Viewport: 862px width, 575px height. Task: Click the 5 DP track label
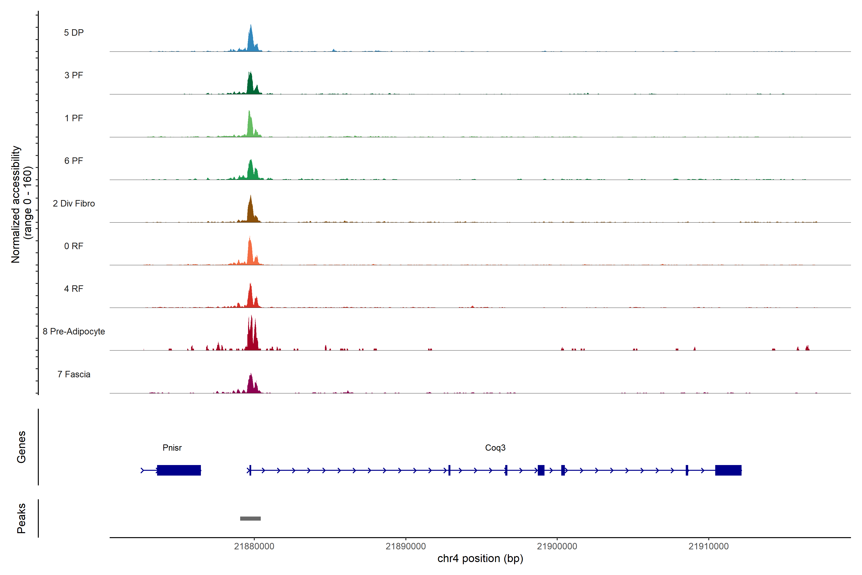click(x=74, y=33)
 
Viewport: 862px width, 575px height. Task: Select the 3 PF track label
click(x=74, y=75)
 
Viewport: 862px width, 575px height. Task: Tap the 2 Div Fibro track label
click(x=74, y=203)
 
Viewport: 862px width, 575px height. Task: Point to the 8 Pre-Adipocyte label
click(x=74, y=332)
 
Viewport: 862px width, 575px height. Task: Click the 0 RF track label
click(x=74, y=246)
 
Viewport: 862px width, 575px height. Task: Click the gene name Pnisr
click(x=172, y=448)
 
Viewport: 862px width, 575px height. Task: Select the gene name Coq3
click(x=495, y=448)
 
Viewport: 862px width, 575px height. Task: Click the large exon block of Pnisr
click(x=179, y=470)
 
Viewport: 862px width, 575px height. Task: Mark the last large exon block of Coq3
click(x=728, y=470)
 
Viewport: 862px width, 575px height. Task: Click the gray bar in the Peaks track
click(x=250, y=518)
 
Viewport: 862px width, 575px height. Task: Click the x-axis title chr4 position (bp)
click(x=480, y=558)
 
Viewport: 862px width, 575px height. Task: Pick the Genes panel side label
click(x=21, y=447)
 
